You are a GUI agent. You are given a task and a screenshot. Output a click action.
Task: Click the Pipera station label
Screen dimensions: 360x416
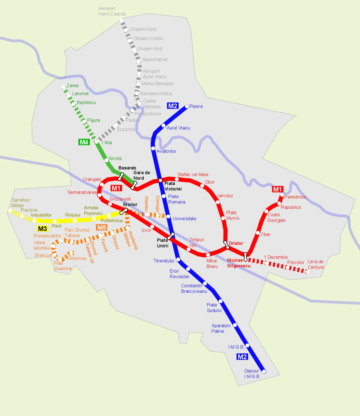pos(196,106)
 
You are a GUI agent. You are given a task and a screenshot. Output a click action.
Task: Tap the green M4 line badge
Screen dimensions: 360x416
pos(84,142)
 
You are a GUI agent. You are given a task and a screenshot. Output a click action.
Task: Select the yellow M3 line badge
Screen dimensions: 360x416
pos(42,229)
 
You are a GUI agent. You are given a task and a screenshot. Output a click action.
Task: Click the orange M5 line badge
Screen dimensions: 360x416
pos(102,227)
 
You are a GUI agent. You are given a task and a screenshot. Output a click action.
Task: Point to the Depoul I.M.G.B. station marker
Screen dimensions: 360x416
pos(264,372)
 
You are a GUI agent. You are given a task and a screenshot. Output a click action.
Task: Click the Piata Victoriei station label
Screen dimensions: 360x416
pos(173,186)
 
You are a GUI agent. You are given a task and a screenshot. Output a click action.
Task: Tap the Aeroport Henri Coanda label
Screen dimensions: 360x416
pos(112,11)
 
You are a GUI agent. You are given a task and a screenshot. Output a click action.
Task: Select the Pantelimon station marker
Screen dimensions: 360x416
pos(282,195)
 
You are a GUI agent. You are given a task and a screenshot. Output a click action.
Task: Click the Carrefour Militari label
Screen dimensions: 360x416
pos(20,203)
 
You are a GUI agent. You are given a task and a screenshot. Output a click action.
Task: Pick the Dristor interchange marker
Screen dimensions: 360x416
pos(226,245)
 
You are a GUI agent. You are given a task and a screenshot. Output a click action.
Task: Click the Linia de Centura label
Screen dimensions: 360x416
pos(316,264)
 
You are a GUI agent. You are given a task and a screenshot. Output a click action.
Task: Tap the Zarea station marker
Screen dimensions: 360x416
pos(63,87)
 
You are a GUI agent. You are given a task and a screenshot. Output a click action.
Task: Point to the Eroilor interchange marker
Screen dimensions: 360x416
pos(124,211)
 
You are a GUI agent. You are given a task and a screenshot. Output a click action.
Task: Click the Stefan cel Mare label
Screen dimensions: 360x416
pos(193,175)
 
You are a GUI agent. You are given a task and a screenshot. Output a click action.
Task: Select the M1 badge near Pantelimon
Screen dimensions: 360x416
pos(277,189)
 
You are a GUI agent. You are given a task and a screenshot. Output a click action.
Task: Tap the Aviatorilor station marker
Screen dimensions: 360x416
pos(153,148)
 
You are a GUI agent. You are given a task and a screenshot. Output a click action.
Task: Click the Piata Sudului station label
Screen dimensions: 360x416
pos(214,308)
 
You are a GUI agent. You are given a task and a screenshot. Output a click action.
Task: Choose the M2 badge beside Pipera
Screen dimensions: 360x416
pos(173,106)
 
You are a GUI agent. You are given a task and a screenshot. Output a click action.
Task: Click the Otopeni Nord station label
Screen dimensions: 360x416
pos(143,29)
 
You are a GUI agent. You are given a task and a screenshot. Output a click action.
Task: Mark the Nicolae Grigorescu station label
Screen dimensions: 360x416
pos(238,263)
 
